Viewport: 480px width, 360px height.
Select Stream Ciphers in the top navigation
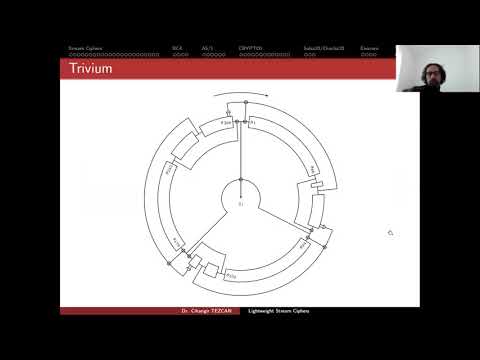(85, 47)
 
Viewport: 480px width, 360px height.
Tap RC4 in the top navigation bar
(177, 47)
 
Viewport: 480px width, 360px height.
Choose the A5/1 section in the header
(207, 47)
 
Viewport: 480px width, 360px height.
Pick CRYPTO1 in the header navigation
(250, 47)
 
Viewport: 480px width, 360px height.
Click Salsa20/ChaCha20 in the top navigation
(323, 47)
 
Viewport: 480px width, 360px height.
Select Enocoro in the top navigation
(369, 47)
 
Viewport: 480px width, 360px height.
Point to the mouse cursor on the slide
(390, 233)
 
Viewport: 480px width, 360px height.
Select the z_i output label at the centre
(241, 204)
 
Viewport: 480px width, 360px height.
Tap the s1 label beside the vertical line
(253, 122)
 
